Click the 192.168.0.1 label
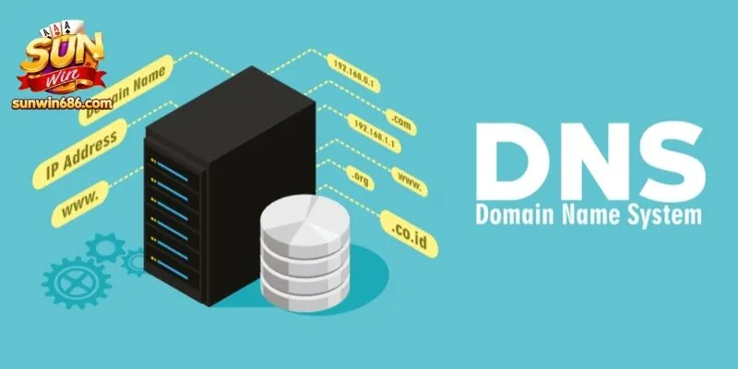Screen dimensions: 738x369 coord(353,73)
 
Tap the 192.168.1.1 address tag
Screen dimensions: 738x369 coord(375,134)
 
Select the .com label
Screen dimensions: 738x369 coord(401,123)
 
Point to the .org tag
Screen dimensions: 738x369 coord(360,178)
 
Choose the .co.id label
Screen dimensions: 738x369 coord(409,234)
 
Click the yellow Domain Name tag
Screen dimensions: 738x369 coord(125,89)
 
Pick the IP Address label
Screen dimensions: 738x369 coord(80,154)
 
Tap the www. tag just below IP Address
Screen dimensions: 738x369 coord(80,204)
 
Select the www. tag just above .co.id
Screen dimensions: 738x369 coord(410,182)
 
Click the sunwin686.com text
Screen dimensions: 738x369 coord(63,103)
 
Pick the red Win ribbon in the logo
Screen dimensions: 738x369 coord(61,81)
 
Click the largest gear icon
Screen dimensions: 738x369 coord(77,282)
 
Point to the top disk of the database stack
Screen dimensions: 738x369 coord(305,220)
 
